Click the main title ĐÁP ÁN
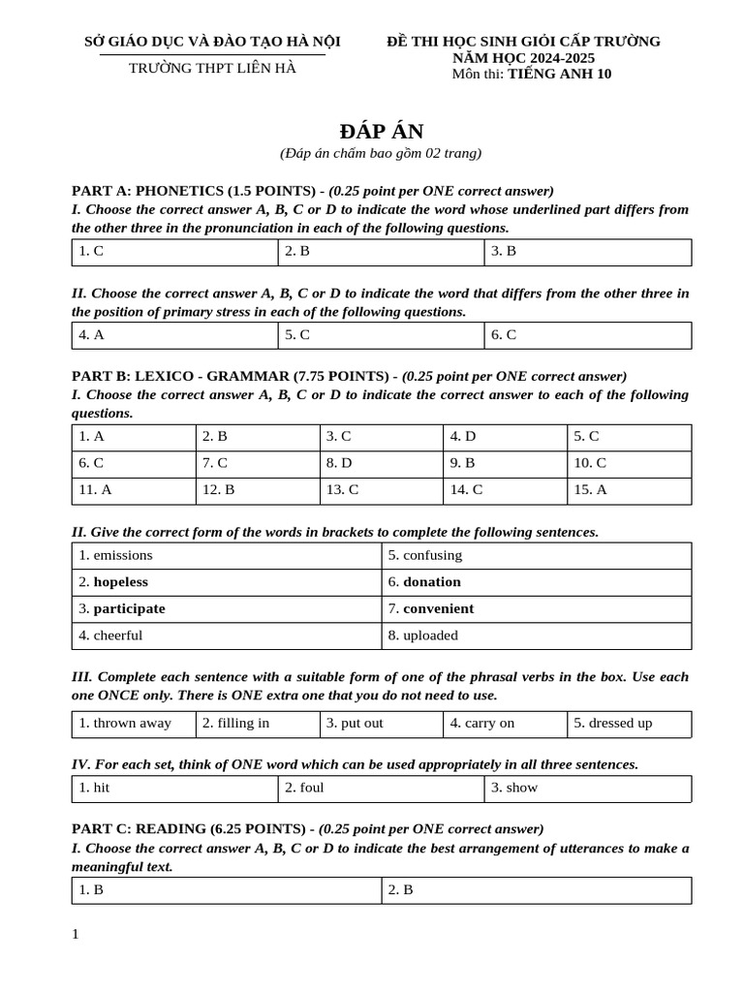[381, 132]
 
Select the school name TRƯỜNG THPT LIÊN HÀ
[212, 68]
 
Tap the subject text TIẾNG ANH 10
[559, 74]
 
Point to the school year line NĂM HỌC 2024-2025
[523, 57]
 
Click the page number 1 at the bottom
[76, 934]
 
